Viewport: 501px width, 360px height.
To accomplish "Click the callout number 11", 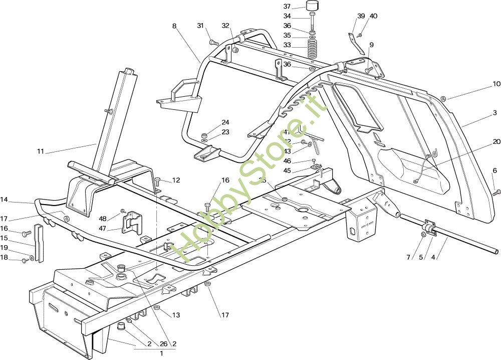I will pyautogui.click(x=41, y=150).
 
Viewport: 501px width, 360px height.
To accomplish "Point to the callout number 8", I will pyautogui.click(x=174, y=26).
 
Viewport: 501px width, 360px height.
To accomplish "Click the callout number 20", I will pyautogui.click(x=496, y=141).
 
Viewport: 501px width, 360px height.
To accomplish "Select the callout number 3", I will pyautogui.click(x=494, y=113).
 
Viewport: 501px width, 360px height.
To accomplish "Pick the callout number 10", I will pyautogui.click(x=496, y=84).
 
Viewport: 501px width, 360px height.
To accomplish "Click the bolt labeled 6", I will pyautogui.click(x=496, y=192).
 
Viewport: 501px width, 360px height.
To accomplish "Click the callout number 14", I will pyautogui.click(x=4, y=200).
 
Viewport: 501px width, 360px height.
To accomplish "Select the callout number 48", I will pyautogui.click(x=103, y=219).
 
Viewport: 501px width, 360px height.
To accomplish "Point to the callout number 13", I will pyautogui.click(x=176, y=315).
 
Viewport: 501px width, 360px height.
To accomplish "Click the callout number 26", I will pyautogui.click(x=163, y=344).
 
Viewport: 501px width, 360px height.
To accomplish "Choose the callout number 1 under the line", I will pyautogui.click(x=161, y=353).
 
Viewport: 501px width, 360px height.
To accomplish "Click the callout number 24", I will pyautogui.click(x=225, y=122).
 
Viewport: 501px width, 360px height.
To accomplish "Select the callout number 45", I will pyautogui.click(x=287, y=170).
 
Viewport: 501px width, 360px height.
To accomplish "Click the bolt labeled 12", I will pyautogui.click(x=158, y=180).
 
